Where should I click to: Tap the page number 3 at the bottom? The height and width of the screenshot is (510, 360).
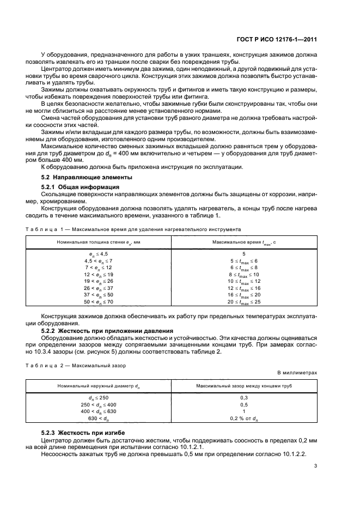click(x=315, y=466)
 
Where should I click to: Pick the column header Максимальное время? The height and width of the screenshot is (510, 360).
click(x=243, y=241)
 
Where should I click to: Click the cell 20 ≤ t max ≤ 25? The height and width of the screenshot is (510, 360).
click(x=243, y=301)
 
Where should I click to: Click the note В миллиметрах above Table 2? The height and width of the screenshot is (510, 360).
click(x=297, y=372)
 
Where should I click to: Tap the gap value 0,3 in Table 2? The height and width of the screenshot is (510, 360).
click(x=243, y=398)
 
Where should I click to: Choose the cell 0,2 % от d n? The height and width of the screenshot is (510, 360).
click(x=243, y=418)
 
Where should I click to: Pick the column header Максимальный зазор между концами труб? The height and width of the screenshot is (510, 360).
click(x=243, y=386)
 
